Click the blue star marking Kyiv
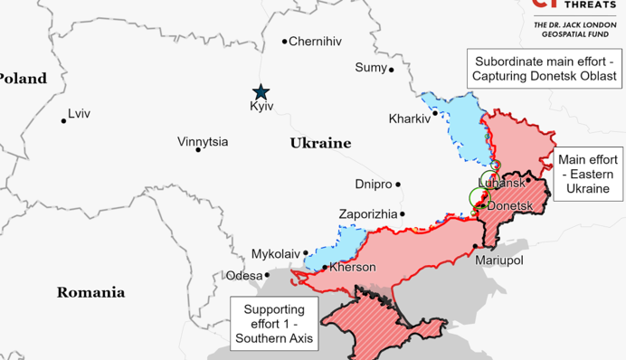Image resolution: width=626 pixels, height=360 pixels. (261, 91)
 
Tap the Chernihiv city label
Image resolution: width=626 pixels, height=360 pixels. (316, 41)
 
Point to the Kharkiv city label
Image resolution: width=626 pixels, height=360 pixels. (410, 118)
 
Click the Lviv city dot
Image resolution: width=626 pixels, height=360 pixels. (64, 120)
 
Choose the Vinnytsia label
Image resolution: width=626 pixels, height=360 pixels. (203, 142)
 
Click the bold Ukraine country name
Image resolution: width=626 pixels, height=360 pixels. (320, 143)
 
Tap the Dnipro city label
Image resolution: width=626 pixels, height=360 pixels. (374, 185)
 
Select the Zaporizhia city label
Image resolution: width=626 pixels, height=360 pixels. (367, 213)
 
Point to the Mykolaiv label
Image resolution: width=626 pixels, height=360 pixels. (275, 253)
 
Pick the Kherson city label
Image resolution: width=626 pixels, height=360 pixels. (352, 267)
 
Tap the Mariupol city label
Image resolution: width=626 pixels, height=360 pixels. (500, 260)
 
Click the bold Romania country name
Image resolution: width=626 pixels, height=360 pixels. (90, 292)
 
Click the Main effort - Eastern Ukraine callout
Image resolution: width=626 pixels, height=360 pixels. (588, 175)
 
